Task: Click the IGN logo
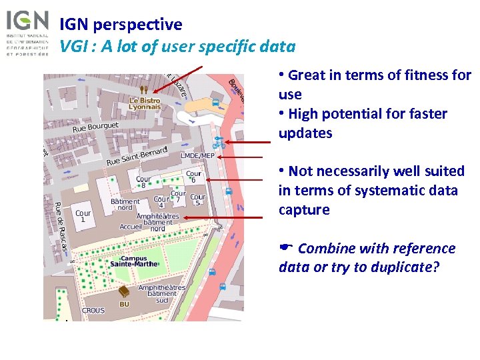(27, 32)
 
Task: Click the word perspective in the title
(137, 25)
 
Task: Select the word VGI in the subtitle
(72, 46)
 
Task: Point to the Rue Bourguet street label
(95, 126)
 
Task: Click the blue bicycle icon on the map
(218, 142)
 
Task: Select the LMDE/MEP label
(198, 156)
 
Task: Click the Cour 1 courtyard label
(83, 217)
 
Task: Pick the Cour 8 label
(143, 182)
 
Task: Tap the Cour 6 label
(193, 177)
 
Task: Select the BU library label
(124, 304)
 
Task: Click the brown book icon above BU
(124, 292)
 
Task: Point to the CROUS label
(93, 310)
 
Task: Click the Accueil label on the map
(131, 227)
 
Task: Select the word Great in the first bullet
(307, 75)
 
